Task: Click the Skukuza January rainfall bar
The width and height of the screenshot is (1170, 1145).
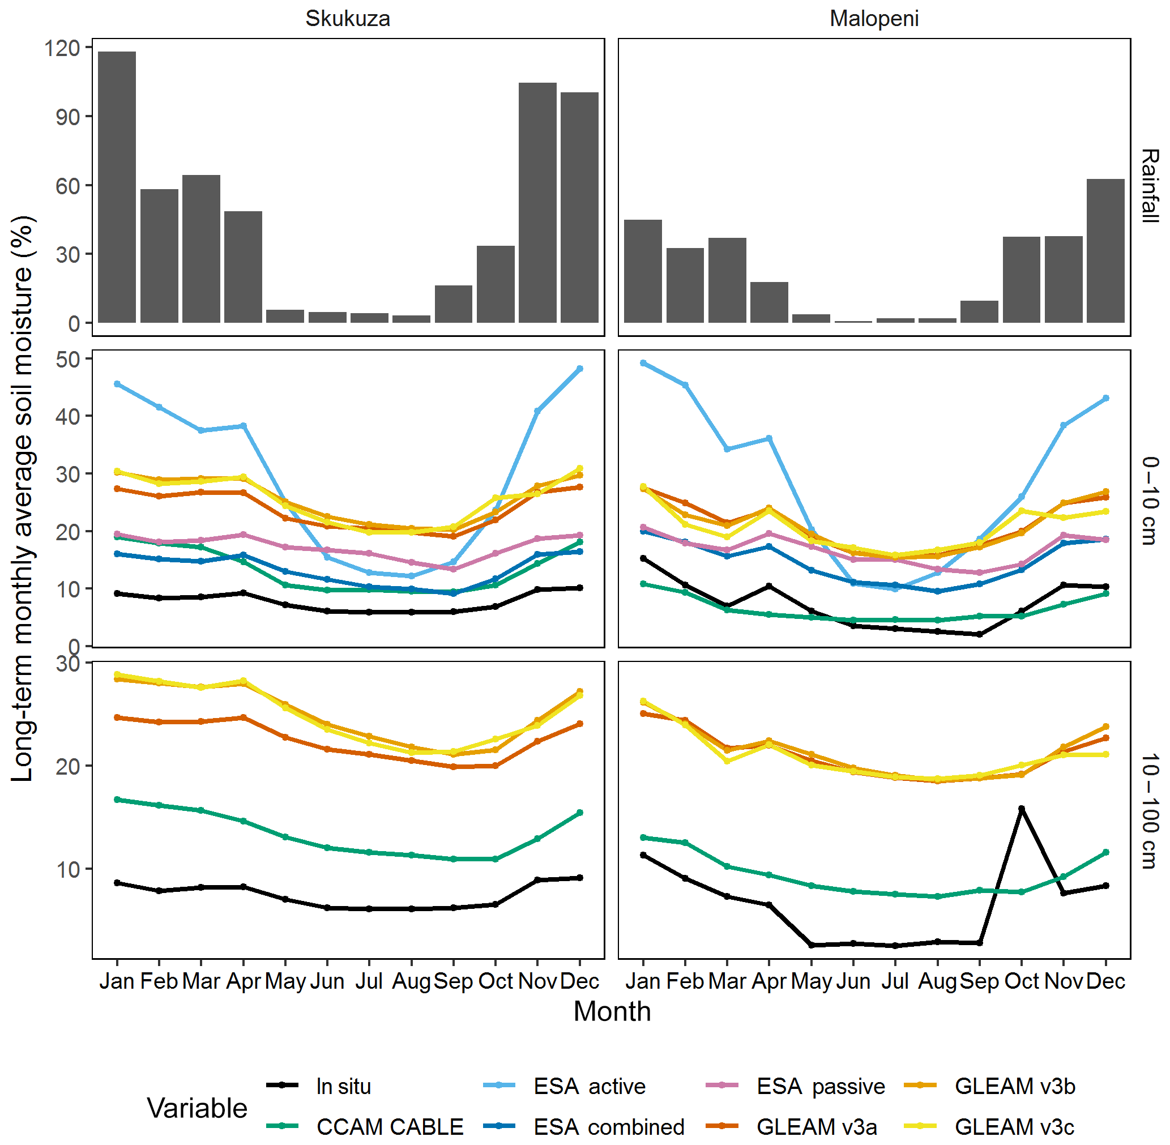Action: point(117,187)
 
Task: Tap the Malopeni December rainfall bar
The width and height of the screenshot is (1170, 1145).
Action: point(1105,251)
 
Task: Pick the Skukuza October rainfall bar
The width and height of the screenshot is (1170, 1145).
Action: point(495,284)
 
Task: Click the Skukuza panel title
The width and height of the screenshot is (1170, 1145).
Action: point(348,19)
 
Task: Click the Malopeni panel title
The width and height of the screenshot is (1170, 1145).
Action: point(873,19)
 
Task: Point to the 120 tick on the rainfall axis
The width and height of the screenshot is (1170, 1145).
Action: point(62,48)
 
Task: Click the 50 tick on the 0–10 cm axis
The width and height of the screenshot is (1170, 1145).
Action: point(67,360)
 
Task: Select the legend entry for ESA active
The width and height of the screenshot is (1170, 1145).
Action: point(589,1086)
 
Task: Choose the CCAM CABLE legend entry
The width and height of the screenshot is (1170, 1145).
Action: point(389,1126)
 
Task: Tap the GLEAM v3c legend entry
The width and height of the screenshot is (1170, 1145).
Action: point(1014,1126)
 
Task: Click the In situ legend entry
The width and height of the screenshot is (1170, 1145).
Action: point(343,1086)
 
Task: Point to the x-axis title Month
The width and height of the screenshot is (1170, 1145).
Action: point(612,1011)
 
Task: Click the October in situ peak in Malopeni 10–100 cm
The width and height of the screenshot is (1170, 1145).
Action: point(1021,809)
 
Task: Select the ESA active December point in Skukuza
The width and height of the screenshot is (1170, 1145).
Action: point(579,369)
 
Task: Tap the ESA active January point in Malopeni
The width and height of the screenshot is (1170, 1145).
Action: point(643,363)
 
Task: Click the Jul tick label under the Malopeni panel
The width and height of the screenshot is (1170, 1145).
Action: point(895,981)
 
